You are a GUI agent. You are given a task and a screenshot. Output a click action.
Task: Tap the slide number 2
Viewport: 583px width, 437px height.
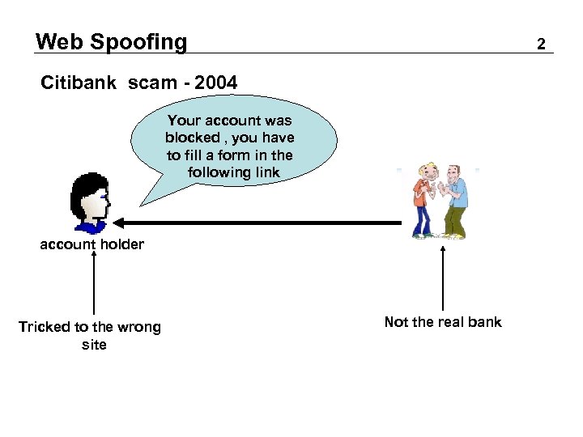541,44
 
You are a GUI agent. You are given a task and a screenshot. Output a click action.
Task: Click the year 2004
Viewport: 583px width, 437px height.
216,83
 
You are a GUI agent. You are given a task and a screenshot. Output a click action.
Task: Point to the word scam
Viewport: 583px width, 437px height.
148,83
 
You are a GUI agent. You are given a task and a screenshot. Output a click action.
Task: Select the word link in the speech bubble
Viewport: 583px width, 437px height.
264,172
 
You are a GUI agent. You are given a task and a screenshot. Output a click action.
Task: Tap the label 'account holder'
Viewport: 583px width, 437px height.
91,244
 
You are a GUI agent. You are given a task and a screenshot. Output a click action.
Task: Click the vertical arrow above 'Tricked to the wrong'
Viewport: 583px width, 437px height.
94,283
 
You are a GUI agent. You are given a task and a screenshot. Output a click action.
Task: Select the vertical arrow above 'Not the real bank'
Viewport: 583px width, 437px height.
443,275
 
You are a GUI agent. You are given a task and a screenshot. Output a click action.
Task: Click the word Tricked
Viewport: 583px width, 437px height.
45,327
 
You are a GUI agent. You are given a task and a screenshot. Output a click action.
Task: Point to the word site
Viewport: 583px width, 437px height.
94,345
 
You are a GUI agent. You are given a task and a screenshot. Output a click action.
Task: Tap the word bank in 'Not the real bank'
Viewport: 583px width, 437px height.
485,322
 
